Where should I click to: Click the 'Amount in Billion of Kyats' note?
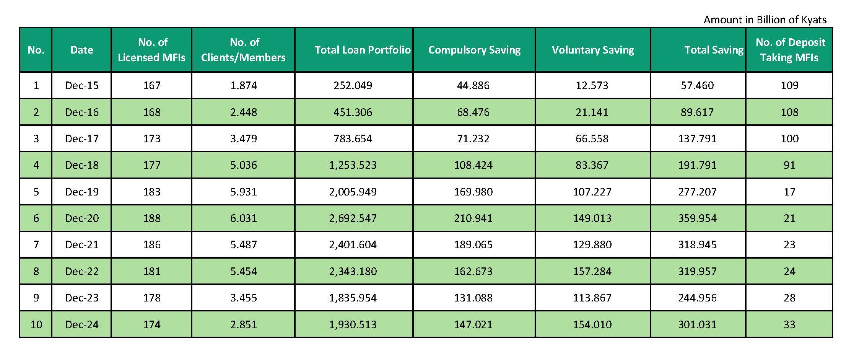coord(765,20)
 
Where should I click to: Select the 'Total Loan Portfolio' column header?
coord(362,50)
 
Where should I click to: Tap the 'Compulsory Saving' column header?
coord(474,50)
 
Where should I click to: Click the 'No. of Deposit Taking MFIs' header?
coord(790,50)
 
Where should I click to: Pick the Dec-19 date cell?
coord(82,192)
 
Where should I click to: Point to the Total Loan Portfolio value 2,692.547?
coord(353,218)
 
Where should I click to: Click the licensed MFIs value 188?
coord(152,218)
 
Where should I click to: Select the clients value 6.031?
coord(244,218)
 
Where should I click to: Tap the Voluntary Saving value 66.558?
coord(592,138)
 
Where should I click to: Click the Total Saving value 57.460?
coord(697,85)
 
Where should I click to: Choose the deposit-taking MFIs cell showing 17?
coord(789,192)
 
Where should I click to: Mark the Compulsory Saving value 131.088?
coord(473,298)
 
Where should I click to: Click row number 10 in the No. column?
coord(36,324)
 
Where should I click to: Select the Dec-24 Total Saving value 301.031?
coord(697,324)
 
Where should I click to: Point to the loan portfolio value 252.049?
coord(353,85)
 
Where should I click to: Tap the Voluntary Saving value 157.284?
coord(592,271)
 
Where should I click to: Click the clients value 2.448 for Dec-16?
coord(244,112)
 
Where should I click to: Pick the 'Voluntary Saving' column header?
coord(593,50)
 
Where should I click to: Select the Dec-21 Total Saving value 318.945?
coord(697,244)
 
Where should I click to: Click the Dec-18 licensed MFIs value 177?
coord(152,165)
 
